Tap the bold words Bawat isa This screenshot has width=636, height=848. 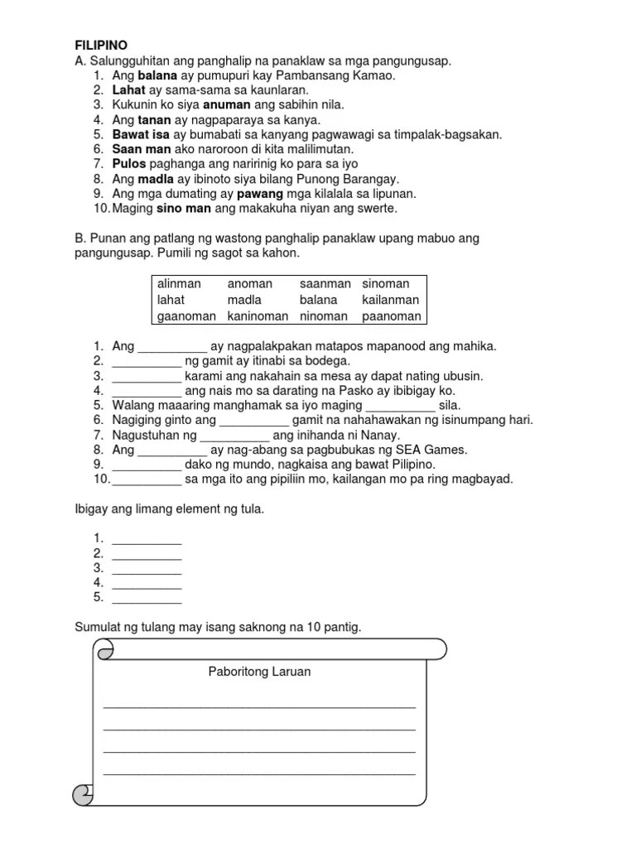[x=140, y=134]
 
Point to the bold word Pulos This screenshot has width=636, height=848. [x=128, y=163]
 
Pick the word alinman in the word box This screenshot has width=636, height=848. [x=179, y=284]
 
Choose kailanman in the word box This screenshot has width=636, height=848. [x=391, y=300]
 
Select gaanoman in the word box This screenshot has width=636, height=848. [x=186, y=316]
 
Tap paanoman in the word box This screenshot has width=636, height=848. [x=391, y=316]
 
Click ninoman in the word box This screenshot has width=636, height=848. [x=323, y=316]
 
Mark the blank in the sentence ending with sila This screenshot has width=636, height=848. [x=399, y=406]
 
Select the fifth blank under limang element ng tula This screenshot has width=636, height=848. [x=147, y=597]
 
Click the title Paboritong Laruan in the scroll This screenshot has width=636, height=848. [x=259, y=672]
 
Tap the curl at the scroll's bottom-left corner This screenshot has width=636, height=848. [x=84, y=795]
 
